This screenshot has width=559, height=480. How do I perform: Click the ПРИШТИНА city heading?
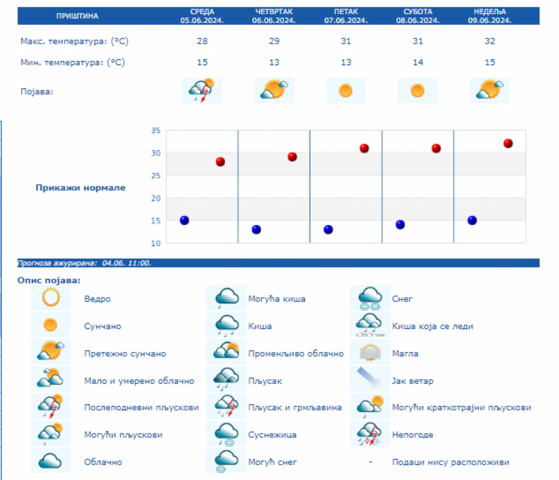coord(77,16)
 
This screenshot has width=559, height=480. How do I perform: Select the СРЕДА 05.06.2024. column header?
coord(202,16)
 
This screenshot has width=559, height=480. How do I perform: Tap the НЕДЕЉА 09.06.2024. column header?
coord(489,16)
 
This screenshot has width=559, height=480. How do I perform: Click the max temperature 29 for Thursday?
coord(275,42)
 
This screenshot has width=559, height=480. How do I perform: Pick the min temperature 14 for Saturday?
coord(418,62)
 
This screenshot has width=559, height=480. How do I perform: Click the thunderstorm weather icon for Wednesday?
coord(202,91)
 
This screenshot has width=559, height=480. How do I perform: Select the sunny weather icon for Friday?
coord(346,91)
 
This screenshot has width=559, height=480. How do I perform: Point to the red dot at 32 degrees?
coord(508,144)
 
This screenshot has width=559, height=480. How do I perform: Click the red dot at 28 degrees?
coord(220,162)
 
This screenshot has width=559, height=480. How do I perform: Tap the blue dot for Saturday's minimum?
coord(400,224)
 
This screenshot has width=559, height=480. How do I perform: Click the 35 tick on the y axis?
coord(155,131)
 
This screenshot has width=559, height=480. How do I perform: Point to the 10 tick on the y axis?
coord(155,242)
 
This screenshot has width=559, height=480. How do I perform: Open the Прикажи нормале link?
coord(80,188)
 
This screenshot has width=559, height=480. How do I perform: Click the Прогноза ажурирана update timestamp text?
coord(84,263)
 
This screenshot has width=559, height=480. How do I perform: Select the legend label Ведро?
coord(98,299)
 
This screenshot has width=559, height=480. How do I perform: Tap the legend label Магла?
coord(405,354)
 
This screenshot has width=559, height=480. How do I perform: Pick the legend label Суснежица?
coord(268,435)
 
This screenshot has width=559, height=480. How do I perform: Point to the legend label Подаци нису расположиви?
coord(451,463)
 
